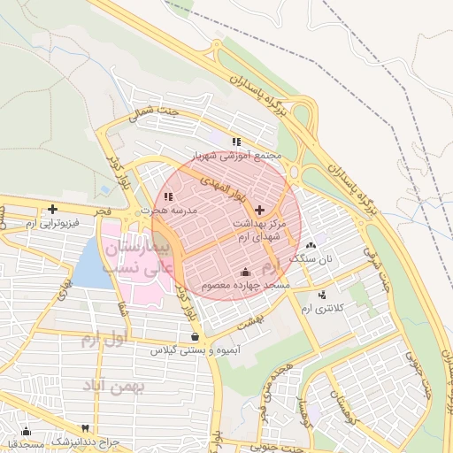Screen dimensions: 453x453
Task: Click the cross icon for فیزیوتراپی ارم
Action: pos(53,210)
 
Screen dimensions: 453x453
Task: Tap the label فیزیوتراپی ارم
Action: pos(53,224)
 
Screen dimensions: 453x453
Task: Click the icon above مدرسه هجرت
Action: pos(167,196)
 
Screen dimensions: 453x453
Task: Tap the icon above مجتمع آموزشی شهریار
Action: pos(235,142)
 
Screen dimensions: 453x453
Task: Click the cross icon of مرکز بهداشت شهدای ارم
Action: pos(258,210)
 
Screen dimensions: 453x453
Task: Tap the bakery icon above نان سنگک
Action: pos(310,245)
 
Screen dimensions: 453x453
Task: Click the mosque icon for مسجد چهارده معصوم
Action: pos(245,272)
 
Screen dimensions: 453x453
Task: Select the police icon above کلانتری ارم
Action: pos(320,294)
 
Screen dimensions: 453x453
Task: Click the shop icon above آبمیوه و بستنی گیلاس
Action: pos(195,336)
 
